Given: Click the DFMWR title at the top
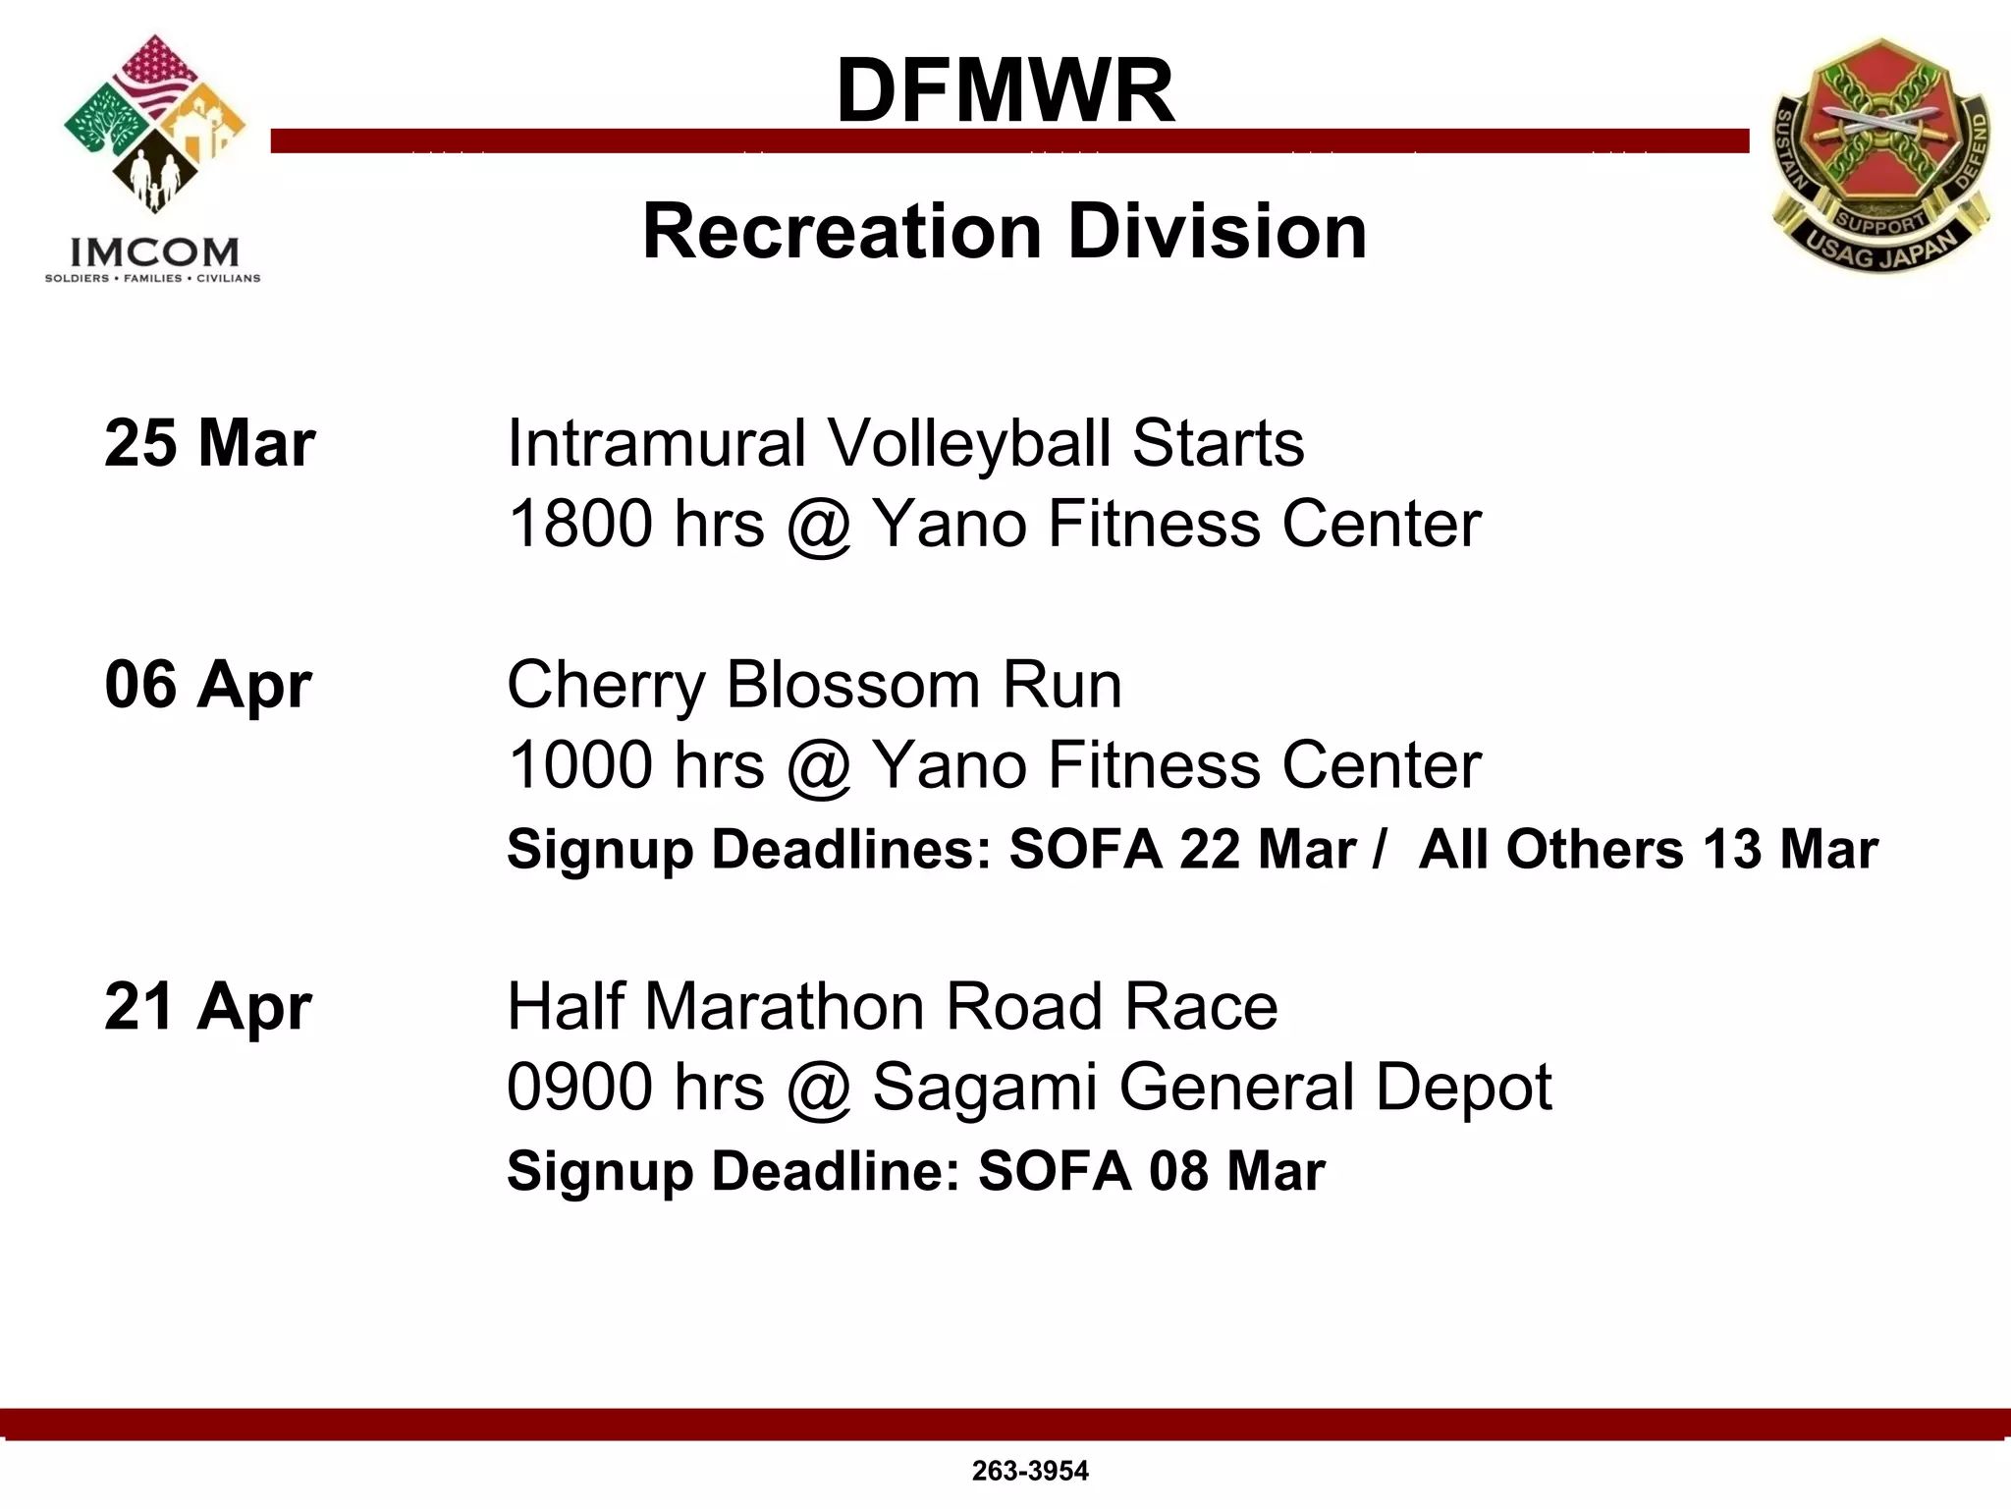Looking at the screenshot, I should coord(1005,90).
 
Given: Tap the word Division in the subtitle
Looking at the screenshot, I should coord(1217,232).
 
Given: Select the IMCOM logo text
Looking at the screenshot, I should coord(153,252).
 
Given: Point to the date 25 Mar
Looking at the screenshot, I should coord(209,443).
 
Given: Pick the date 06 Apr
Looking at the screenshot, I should coord(207,685).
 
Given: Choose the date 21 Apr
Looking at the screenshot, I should coord(207,1007).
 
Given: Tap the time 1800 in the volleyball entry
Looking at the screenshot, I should coord(580,524).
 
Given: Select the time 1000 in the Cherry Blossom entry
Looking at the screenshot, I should coord(580,765).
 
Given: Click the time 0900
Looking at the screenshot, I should coord(580,1088).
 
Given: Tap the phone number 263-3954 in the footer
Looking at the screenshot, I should coord(1030,1471).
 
